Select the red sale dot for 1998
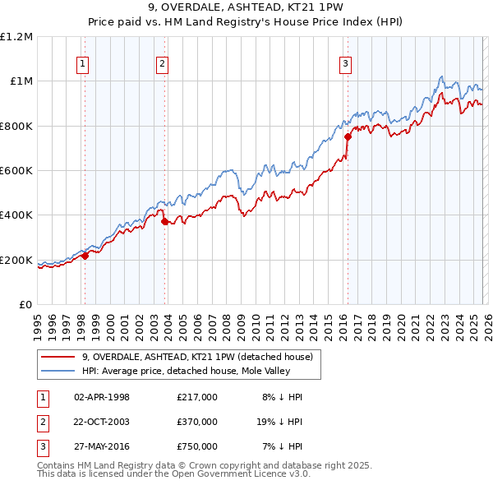[x=85, y=256]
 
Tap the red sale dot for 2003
[x=165, y=222]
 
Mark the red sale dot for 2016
[x=348, y=137]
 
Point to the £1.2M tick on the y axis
[x=16, y=37]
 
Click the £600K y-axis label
[x=16, y=171]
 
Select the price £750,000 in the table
[x=197, y=446]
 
